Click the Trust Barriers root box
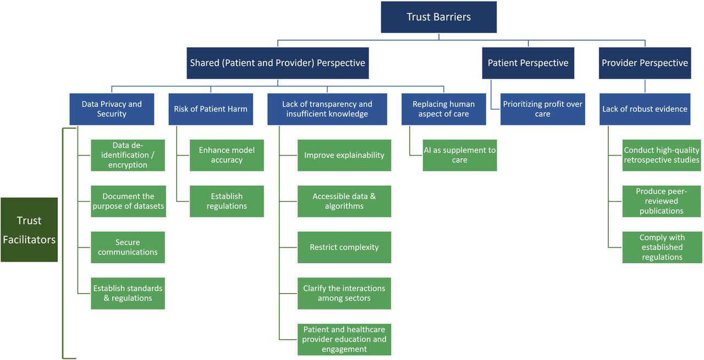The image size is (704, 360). pos(439,17)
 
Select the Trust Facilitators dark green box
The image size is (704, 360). pos(29,230)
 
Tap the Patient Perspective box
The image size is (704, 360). pos(528,63)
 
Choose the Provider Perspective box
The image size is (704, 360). pos(645,63)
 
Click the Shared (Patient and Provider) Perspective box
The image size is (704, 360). pos(278,63)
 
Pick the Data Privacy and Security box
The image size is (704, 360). pos(112,109)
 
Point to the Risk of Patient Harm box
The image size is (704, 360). pos(211,109)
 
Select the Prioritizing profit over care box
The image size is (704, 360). pos(542,109)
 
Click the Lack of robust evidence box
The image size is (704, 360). pos(645,109)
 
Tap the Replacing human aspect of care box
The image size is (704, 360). pos(443,109)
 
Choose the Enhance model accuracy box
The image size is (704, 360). pos(227,155)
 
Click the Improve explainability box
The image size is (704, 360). pos(344,155)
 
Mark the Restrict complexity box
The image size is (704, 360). pos(344,247)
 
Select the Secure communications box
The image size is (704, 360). pos(128,247)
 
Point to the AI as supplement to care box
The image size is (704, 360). pos(459,155)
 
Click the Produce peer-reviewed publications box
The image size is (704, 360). pos(662,201)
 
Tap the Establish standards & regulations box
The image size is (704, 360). pos(128,293)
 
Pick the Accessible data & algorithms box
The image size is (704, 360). pos(344,201)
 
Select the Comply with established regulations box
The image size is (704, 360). pos(662,247)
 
